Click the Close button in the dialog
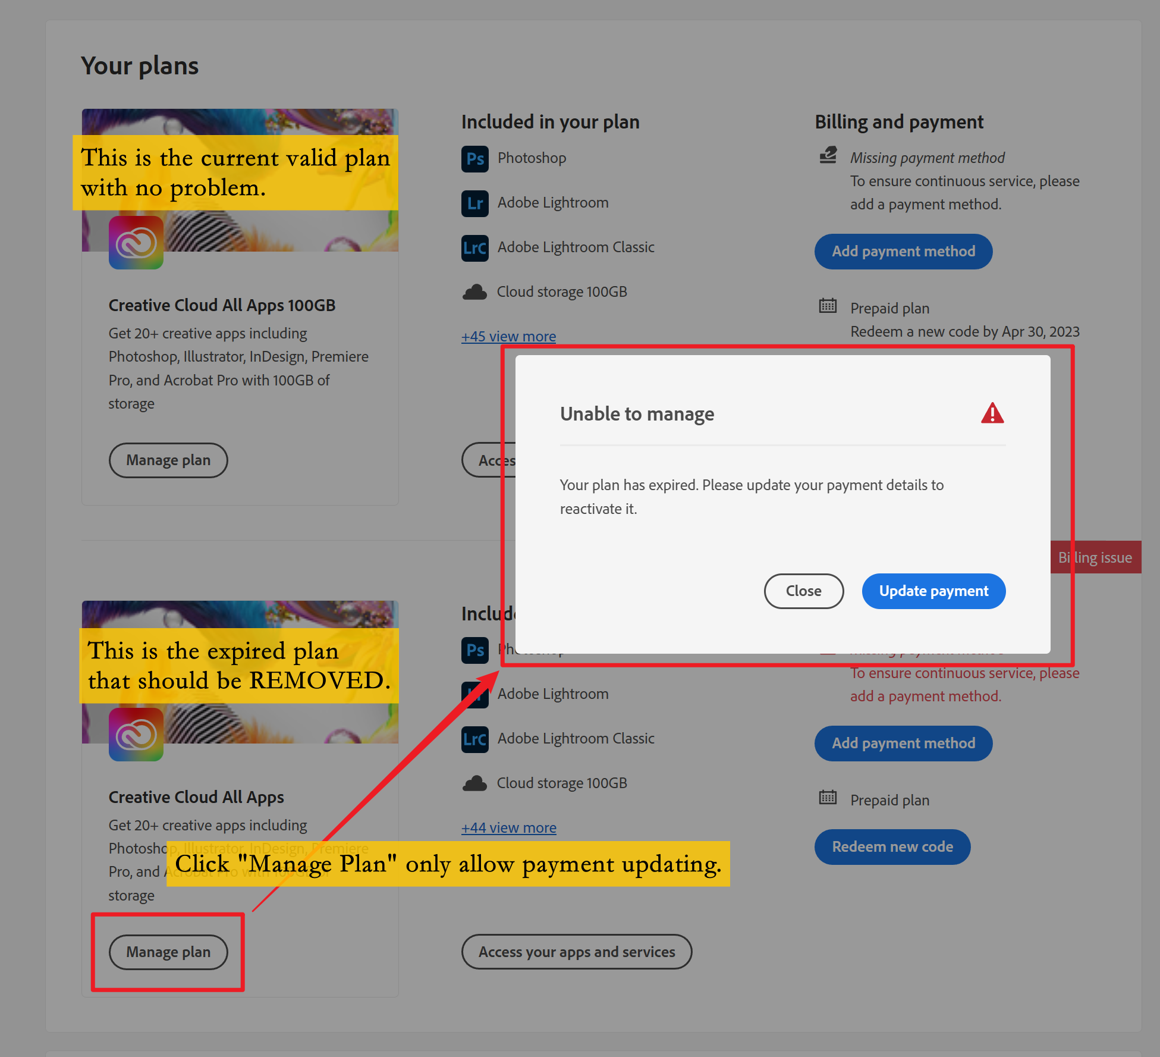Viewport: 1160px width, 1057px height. [x=803, y=591]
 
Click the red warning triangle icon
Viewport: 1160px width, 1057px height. [x=992, y=413]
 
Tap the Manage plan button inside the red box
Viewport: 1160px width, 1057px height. [x=168, y=952]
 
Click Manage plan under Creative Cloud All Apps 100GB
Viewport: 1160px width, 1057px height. [x=168, y=460]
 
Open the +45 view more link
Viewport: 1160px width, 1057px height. [x=508, y=336]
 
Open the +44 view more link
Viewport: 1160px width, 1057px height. [x=508, y=827]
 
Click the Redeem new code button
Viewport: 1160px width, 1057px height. [x=892, y=846]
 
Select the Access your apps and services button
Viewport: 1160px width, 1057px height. [x=576, y=952]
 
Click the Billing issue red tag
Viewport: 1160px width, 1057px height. [x=1096, y=557]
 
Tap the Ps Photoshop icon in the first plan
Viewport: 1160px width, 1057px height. [x=474, y=158]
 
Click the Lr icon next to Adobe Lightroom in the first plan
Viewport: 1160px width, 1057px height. [x=474, y=203]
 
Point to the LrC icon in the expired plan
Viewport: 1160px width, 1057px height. [x=474, y=739]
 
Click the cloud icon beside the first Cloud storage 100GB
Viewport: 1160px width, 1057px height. [x=474, y=292]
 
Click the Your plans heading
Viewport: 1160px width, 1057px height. [x=140, y=65]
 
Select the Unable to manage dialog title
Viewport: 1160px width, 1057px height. [x=637, y=413]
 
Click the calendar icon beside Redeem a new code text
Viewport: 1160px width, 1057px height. [x=828, y=306]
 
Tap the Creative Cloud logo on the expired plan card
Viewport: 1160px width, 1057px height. [x=136, y=735]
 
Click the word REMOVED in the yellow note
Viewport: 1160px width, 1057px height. [x=319, y=680]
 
